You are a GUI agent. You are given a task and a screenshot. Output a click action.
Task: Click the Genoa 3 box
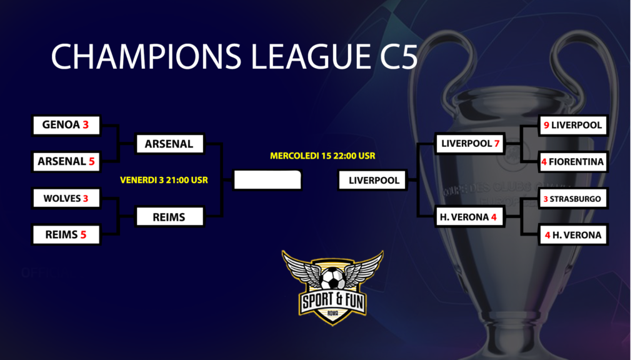[x=66, y=125]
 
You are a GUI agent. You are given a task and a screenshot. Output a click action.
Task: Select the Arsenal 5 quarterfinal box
[x=66, y=162]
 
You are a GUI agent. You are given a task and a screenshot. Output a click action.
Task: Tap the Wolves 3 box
[x=66, y=198]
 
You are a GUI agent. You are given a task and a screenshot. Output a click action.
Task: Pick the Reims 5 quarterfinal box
[x=66, y=235]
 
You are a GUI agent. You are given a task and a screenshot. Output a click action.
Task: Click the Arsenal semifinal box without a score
[x=169, y=144]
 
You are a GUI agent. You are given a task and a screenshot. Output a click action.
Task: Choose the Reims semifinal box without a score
[x=169, y=217]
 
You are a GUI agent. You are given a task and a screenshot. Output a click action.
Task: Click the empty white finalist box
[x=267, y=180]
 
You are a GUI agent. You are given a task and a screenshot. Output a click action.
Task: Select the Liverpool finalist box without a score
[x=373, y=180]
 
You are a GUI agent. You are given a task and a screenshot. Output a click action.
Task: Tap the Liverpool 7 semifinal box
[x=470, y=144]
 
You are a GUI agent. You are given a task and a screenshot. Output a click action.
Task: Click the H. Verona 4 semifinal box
[x=470, y=217]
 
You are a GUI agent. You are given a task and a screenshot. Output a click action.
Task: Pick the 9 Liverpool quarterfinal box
[x=573, y=125]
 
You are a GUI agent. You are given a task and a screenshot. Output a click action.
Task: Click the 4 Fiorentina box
[x=573, y=162]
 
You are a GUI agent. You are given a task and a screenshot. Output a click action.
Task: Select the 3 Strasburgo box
[x=573, y=199]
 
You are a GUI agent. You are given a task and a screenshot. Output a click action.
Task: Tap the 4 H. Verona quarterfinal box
[x=573, y=235]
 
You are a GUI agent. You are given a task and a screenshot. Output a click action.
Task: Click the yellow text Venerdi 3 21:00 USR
[x=164, y=180]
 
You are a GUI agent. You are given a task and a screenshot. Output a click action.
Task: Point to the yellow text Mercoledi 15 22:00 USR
[x=322, y=156]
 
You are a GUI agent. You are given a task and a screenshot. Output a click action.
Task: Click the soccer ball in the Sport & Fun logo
[x=333, y=278]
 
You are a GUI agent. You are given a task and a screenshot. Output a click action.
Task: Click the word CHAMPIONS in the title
[x=146, y=56]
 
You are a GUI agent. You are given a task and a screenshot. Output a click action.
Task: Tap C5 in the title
[x=399, y=56]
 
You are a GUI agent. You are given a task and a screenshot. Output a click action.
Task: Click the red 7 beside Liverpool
[x=497, y=144]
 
